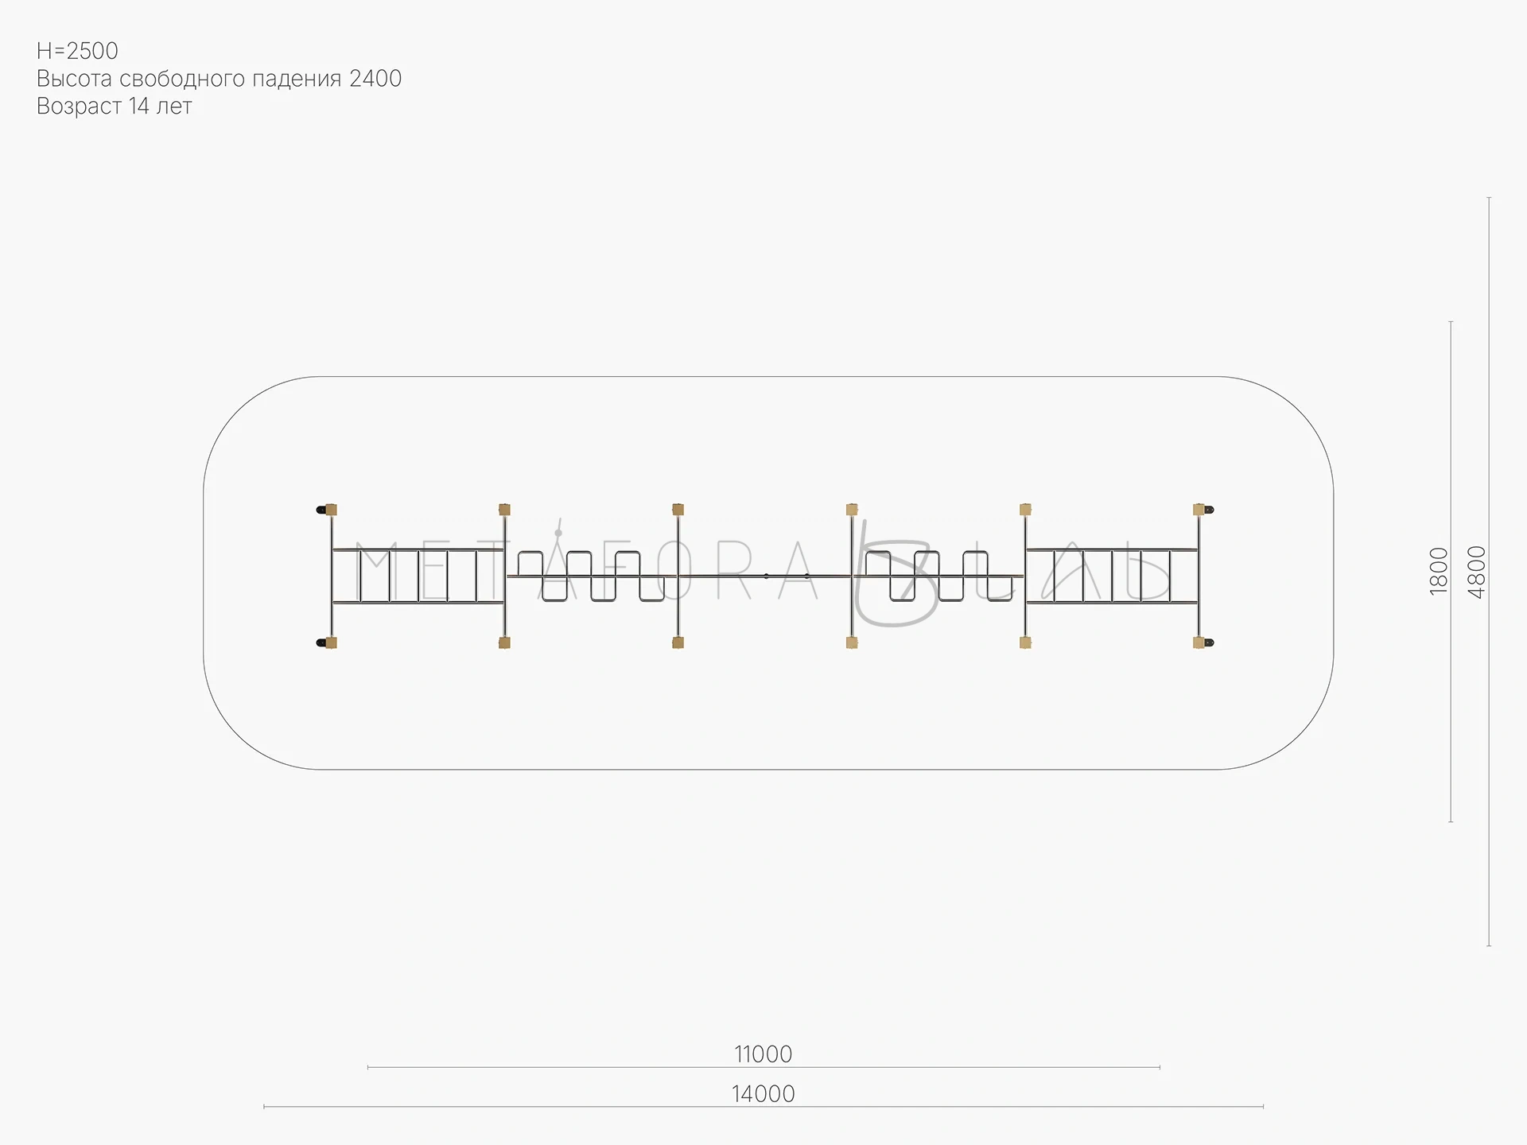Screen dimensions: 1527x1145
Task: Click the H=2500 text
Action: click(x=77, y=51)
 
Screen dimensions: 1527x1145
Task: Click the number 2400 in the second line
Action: click(x=375, y=79)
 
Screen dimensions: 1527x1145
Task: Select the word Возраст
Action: click(x=80, y=107)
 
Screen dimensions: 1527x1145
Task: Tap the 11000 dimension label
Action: click(x=763, y=1054)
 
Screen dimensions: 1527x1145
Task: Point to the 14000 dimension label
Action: click(x=763, y=1094)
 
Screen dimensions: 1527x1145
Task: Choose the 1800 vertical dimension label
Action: click(x=1440, y=571)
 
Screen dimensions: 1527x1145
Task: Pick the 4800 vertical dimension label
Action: click(x=1477, y=572)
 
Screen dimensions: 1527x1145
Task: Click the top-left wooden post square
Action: click(x=331, y=510)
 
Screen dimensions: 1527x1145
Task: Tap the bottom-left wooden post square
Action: click(x=331, y=642)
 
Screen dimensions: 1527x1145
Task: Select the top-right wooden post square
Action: click(x=1199, y=510)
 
